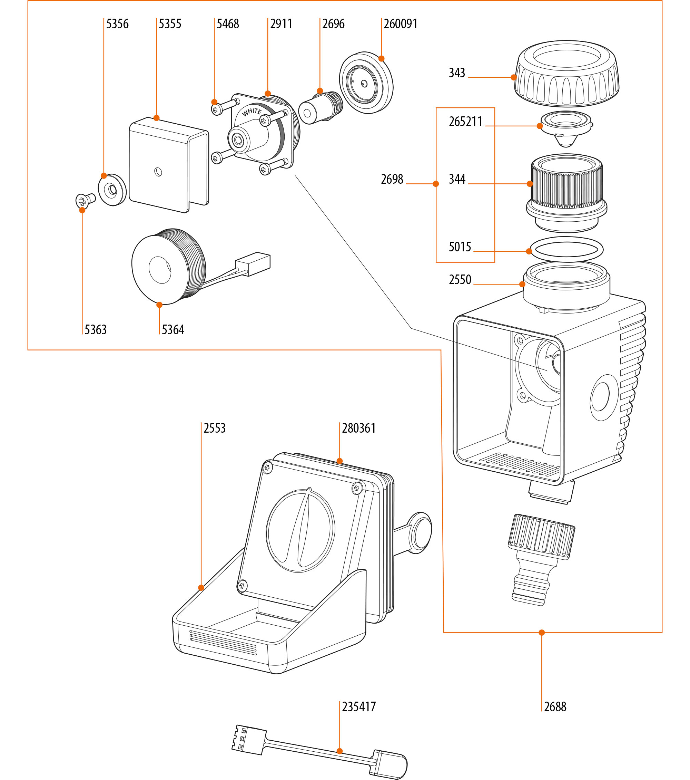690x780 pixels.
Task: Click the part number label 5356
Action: pyautogui.click(x=117, y=24)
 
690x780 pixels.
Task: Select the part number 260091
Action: pyautogui.click(x=400, y=24)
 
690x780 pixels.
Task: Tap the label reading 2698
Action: pyautogui.click(x=392, y=179)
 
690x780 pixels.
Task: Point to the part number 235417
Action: pyautogui.click(x=359, y=707)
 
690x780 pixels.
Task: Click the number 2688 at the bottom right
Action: pyautogui.click(x=555, y=707)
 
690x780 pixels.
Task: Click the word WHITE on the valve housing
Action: pyautogui.click(x=252, y=112)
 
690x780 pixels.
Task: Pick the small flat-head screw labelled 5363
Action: pyautogui.click(x=84, y=200)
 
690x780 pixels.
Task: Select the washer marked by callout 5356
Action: pyautogui.click(x=112, y=190)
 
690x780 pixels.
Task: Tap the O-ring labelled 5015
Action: pyautogui.click(x=566, y=249)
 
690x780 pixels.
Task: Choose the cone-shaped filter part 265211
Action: pyautogui.click(x=566, y=128)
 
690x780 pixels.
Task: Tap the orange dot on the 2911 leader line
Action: pyautogui.click(x=268, y=94)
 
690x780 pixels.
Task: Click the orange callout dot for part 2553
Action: pyautogui.click(x=201, y=588)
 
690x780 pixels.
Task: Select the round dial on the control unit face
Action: pyautogui.click(x=300, y=530)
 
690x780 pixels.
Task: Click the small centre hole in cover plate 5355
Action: pyautogui.click(x=158, y=172)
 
